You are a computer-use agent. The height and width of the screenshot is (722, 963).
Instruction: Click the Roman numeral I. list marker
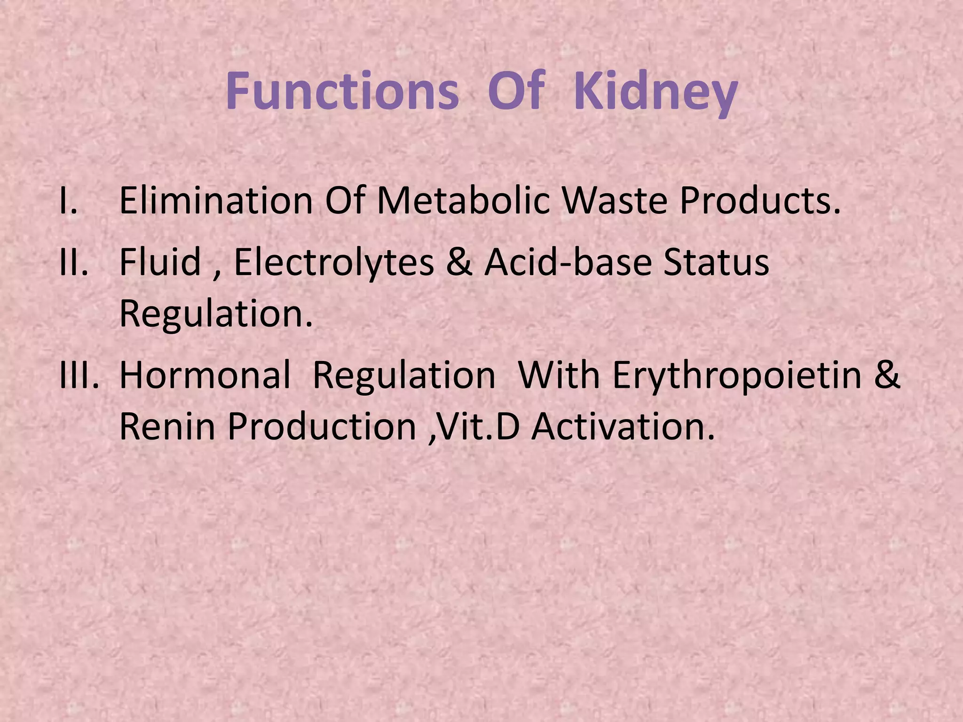(69, 200)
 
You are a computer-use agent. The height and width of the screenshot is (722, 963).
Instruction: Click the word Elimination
(216, 200)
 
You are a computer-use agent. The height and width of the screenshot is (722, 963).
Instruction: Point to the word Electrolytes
(334, 262)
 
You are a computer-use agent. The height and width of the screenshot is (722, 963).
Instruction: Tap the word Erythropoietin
(737, 376)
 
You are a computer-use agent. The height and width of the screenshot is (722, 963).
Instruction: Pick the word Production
(322, 427)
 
